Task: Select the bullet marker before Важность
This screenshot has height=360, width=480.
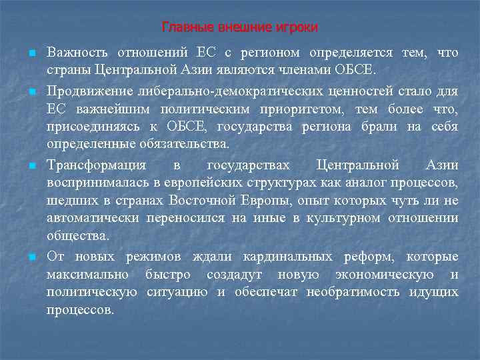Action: pyautogui.click(x=31, y=53)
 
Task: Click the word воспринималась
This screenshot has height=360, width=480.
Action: pyautogui.click(x=97, y=182)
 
